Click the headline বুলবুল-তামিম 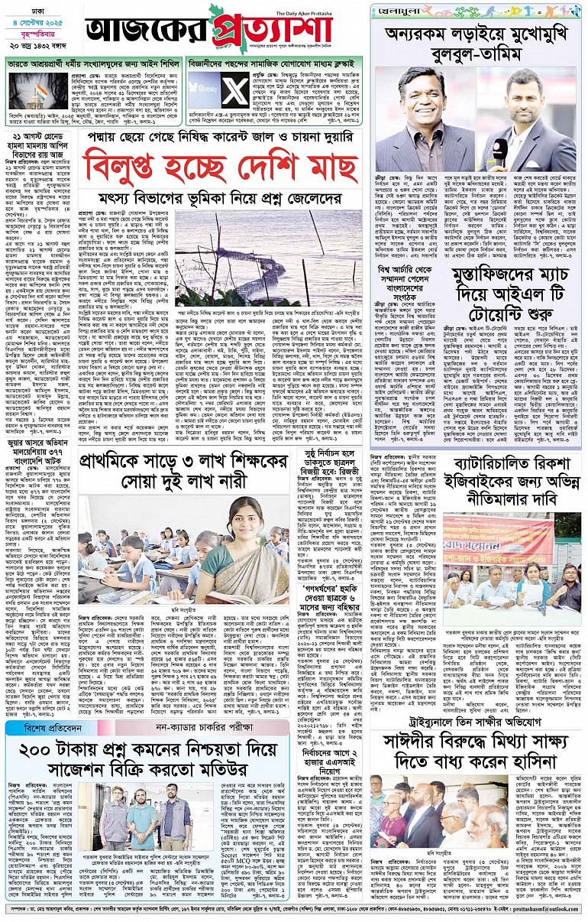tap(477, 54)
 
